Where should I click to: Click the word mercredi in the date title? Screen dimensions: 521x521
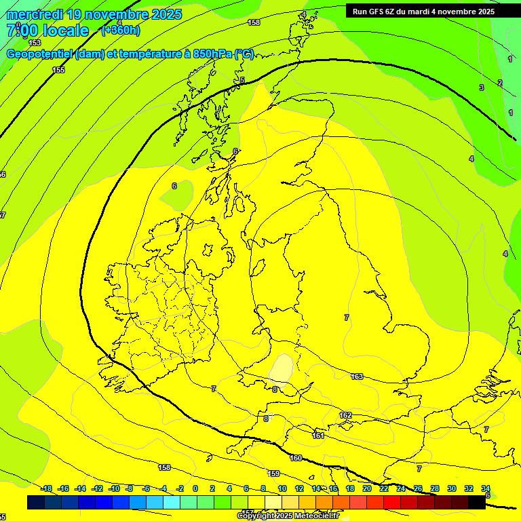click(35, 14)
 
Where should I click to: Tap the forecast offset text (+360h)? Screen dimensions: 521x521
click(120, 30)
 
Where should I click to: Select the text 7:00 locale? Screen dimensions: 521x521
click(47, 31)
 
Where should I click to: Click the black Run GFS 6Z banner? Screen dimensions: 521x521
click(423, 11)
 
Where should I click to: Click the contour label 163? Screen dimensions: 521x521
click(357, 377)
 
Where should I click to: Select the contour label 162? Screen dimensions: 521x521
click(345, 415)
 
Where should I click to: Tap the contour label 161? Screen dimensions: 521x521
click(318, 436)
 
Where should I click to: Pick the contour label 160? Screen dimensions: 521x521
click(296, 458)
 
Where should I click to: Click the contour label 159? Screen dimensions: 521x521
click(273, 474)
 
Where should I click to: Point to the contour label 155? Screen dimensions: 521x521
click(59, 70)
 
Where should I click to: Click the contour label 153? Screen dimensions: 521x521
click(35, 43)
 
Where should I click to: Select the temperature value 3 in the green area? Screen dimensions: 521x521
click(482, 88)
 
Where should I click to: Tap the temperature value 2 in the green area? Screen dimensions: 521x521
click(500, 83)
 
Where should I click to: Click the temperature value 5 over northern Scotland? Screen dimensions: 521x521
click(242, 81)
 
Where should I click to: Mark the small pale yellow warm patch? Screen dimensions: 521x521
click(281, 368)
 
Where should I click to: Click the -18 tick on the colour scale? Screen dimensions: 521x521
click(46, 488)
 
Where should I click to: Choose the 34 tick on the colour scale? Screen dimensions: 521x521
click(486, 488)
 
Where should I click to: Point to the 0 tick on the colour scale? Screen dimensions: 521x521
click(195, 488)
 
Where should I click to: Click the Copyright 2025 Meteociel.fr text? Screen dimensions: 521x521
click(288, 516)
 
